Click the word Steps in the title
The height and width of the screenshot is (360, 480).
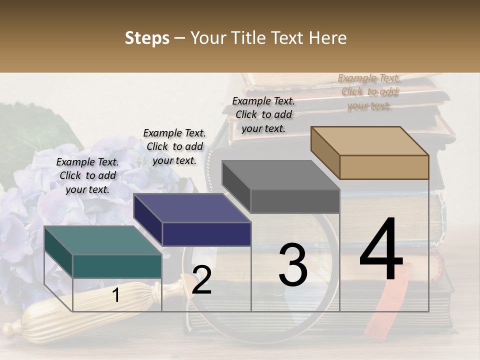147,38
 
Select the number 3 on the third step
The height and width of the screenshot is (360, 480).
293,265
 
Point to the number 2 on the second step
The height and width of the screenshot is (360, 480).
201,280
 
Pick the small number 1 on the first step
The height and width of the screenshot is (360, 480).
116,295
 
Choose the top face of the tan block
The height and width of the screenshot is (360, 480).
369,141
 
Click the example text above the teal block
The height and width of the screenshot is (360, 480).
87,175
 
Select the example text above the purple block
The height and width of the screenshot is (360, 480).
174,146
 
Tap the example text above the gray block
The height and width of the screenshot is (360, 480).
263,114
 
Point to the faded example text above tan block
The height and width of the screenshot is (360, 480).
369,91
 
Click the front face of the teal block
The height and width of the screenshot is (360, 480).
117,266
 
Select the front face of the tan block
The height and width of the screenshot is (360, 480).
384,167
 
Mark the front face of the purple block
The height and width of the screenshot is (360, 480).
206,234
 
